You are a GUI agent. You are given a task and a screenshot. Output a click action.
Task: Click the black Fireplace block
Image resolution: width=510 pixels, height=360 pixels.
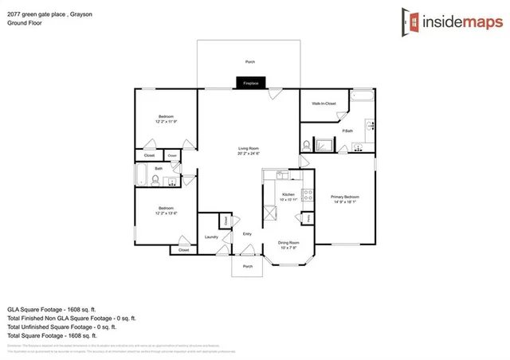click(x=250, y=83)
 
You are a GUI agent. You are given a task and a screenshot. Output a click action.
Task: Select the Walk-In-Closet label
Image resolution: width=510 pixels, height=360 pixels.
click(x=324, y=104)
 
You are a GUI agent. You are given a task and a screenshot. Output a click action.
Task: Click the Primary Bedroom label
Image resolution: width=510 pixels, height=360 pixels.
click(x=345, y=198)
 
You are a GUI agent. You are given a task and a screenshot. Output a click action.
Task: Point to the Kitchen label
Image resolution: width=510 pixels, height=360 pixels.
click(x=288, y=195)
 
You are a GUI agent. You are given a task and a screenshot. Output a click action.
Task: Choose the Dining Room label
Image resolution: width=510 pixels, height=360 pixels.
click(x=288, y=243)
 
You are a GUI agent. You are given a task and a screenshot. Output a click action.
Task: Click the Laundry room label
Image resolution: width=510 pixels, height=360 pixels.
click(x=211, y=237)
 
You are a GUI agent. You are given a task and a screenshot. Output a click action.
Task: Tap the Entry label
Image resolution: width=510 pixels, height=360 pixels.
click(x=247, y=233)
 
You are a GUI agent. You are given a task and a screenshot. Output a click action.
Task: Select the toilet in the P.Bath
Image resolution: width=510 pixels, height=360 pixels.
click(x=307, y=146)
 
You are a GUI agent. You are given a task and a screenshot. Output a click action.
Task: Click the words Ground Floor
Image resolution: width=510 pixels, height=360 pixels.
click(x=24, y=24)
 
